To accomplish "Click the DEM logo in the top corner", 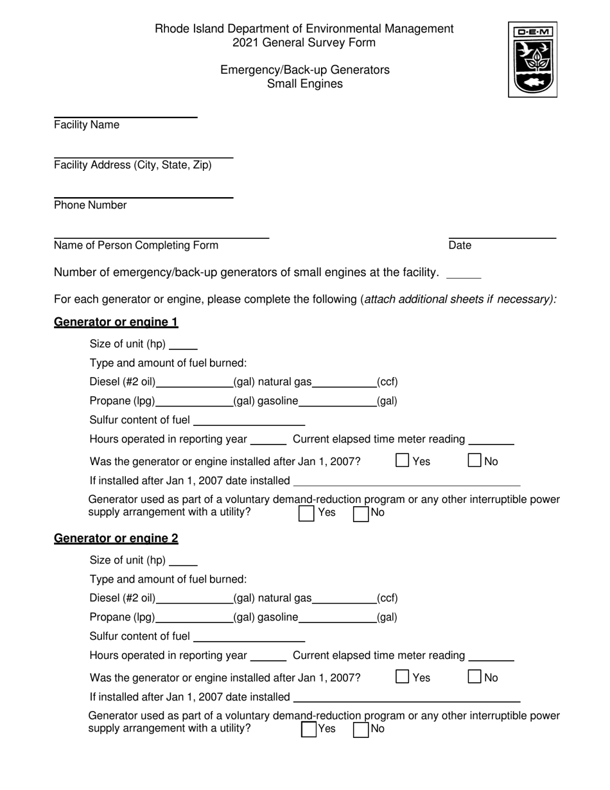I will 532,59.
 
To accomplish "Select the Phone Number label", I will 91,206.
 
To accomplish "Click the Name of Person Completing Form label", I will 136,245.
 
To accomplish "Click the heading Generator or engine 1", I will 116,322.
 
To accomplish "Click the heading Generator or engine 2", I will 116,538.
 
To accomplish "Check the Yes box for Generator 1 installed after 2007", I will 403,461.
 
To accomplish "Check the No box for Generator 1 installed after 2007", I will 475,461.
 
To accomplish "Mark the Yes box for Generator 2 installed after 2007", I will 403,677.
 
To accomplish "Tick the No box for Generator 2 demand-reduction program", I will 361,729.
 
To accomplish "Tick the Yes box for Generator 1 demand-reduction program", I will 306,513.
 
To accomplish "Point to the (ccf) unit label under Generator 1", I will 387,382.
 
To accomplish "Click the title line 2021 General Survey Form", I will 304,43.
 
